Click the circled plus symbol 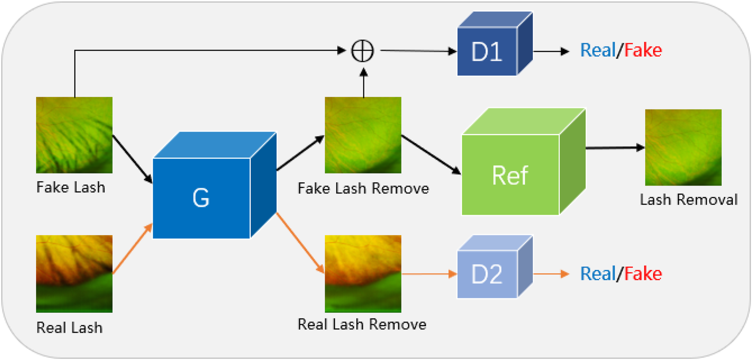(362, 51)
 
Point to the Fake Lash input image (74, 135)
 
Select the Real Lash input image (74, 273)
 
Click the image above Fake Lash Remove (363, 135)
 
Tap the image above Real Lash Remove (363, 273)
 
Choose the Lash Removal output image (683, 147)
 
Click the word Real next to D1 (597, 50)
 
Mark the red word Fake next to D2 (643, 274)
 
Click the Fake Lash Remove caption (363, 188)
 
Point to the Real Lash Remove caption (362, 324)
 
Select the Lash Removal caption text (688, 200)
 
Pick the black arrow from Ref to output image (615, 148)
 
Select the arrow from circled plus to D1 (418, 51)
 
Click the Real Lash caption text (69, 328)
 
